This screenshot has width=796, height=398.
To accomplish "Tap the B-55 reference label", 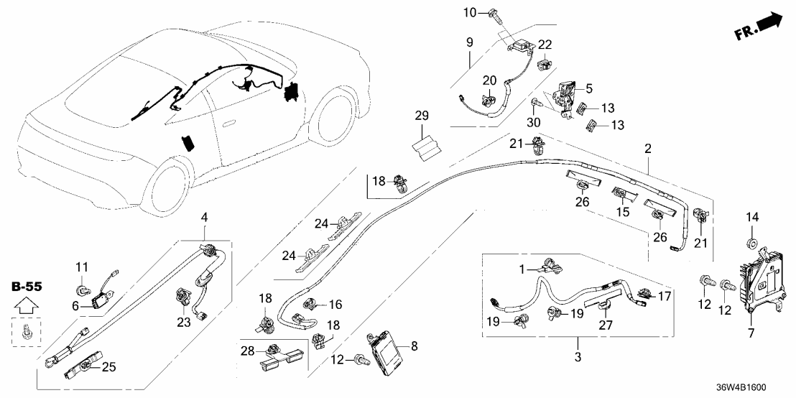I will (27, 287).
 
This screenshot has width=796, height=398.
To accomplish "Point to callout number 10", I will (469, 12).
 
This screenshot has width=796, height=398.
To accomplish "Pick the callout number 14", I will (753, 218).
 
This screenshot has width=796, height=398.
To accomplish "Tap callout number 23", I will (183, 323).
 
